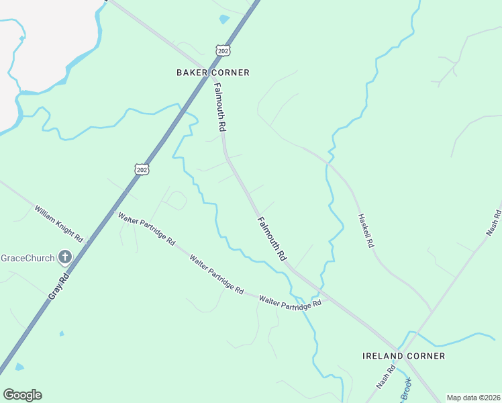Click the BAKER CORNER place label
(x=213, y=73)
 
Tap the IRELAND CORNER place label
(x=403, y=355)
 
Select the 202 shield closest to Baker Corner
(x=223, y=50)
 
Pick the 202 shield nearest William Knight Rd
(x=141, y=169)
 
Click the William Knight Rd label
(x=58, y=224)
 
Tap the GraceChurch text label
(x=27, y=258)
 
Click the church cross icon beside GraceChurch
(x=65, y=257)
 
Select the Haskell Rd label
(x=365, y=232)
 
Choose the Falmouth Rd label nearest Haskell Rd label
(x=271, y=238)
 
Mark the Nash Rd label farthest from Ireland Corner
(x=493, y=222)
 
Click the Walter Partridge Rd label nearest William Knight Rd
(x=147, y=228)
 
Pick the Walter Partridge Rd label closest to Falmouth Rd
(x=291, y=304)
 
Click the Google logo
(x=22, y=395)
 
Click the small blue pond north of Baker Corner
(x=223, y=19)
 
